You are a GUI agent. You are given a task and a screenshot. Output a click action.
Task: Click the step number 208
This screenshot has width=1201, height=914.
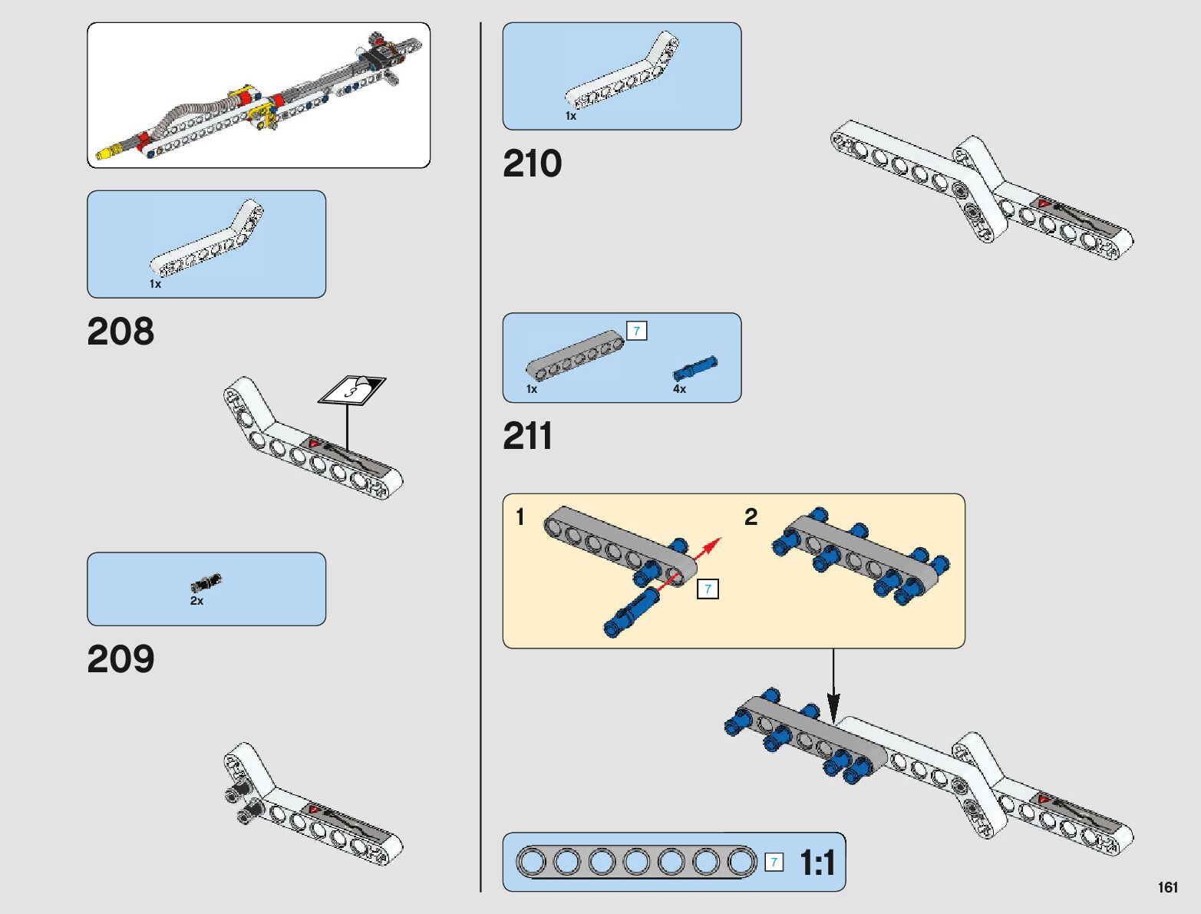[120, 332]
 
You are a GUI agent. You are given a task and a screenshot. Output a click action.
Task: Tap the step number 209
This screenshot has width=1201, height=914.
[120, 659]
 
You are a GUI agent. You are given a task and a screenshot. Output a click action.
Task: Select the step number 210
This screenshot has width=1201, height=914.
[532, 163]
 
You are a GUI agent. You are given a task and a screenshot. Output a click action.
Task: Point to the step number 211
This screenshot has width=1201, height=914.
[528, 436]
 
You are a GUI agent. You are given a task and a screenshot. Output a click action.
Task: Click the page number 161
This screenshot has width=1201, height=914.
[1167, 887]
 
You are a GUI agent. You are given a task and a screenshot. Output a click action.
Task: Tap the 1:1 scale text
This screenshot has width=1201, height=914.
[817, 863]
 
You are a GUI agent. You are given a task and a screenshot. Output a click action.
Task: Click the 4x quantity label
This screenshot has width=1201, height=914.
[679, 389]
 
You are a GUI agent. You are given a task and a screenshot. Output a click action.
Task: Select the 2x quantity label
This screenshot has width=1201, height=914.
[196, 601]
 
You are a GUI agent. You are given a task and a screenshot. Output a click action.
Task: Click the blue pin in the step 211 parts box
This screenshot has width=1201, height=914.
[695, 368]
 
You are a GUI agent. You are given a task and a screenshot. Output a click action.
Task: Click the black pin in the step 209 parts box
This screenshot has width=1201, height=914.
[206, 582]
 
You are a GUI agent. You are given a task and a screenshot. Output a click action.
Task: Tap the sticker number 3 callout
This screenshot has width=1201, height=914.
[352, 391]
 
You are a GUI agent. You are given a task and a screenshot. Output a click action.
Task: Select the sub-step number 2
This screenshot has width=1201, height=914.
[751, 516]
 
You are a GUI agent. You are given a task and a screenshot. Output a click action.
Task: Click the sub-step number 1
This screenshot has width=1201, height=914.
[520, 516]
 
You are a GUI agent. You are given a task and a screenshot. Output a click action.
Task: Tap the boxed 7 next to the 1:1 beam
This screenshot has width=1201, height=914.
[774, 862]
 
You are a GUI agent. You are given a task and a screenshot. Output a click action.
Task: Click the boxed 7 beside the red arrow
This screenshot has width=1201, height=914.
[708, 589]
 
